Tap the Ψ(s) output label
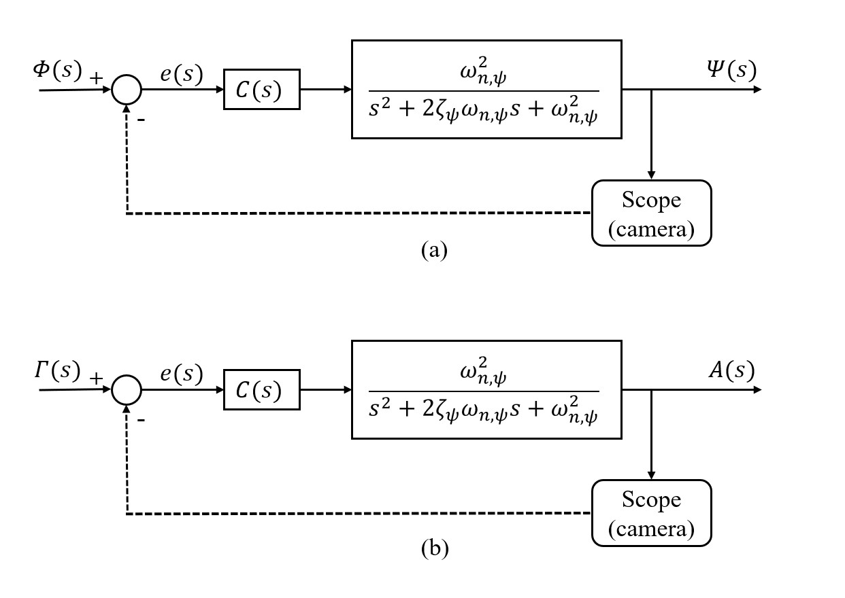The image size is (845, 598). click(731, 69)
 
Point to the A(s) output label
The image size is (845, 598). click(731, 370)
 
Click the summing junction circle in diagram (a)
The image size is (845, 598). click(126, 90)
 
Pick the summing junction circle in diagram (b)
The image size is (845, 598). click(126, 390)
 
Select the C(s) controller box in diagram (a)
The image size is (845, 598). click(262, 90)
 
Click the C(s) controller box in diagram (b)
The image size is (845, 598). click(262, 391)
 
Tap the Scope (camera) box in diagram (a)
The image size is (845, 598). click(651, 213)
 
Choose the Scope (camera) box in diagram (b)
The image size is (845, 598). click(651, 513)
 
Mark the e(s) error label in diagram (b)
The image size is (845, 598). click(181, 374)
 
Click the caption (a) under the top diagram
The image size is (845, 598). click(434, 250)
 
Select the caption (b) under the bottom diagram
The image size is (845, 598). click(434, 549)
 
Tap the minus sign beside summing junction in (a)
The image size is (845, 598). click(142, 119)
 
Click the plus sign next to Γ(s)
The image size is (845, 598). click(96, 378)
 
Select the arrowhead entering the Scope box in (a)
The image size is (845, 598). click(651, 175)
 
